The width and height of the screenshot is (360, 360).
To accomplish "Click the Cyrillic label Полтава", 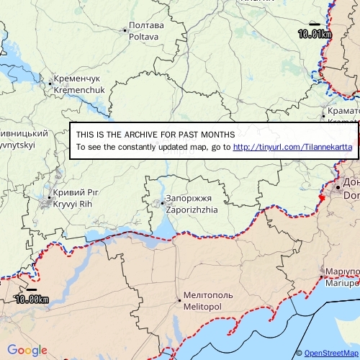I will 146,25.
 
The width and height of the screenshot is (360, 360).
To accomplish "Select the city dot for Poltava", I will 125,30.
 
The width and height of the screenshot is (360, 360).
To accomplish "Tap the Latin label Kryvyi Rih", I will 73,204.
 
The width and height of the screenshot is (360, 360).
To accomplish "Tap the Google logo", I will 27,351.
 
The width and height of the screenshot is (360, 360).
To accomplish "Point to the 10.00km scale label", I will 32,300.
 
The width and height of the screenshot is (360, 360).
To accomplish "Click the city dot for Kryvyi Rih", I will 49,198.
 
